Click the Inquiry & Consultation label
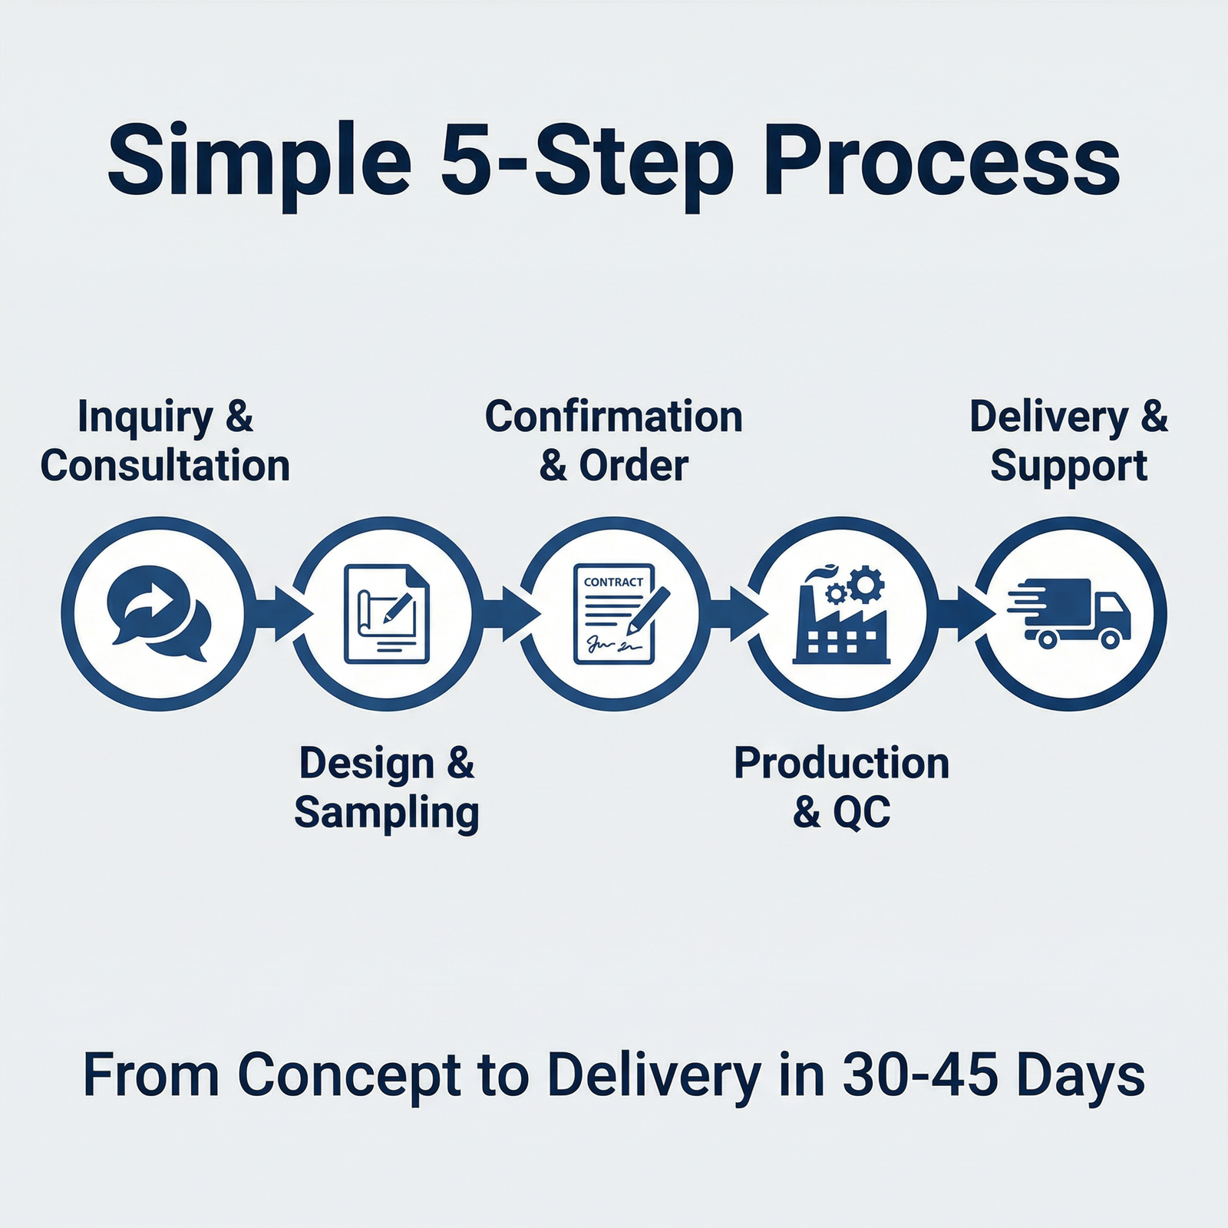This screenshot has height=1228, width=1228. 165,441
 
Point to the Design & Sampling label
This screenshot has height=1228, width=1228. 387,787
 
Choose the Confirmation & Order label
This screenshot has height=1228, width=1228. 613,441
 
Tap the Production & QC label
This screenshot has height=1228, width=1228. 841,787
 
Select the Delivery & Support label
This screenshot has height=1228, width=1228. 1068,441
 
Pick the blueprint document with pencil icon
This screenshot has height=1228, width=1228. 387,613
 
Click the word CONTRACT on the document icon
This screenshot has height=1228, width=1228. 613,583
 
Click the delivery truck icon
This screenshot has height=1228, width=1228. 1071,613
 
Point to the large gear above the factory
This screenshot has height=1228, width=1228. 866,585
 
